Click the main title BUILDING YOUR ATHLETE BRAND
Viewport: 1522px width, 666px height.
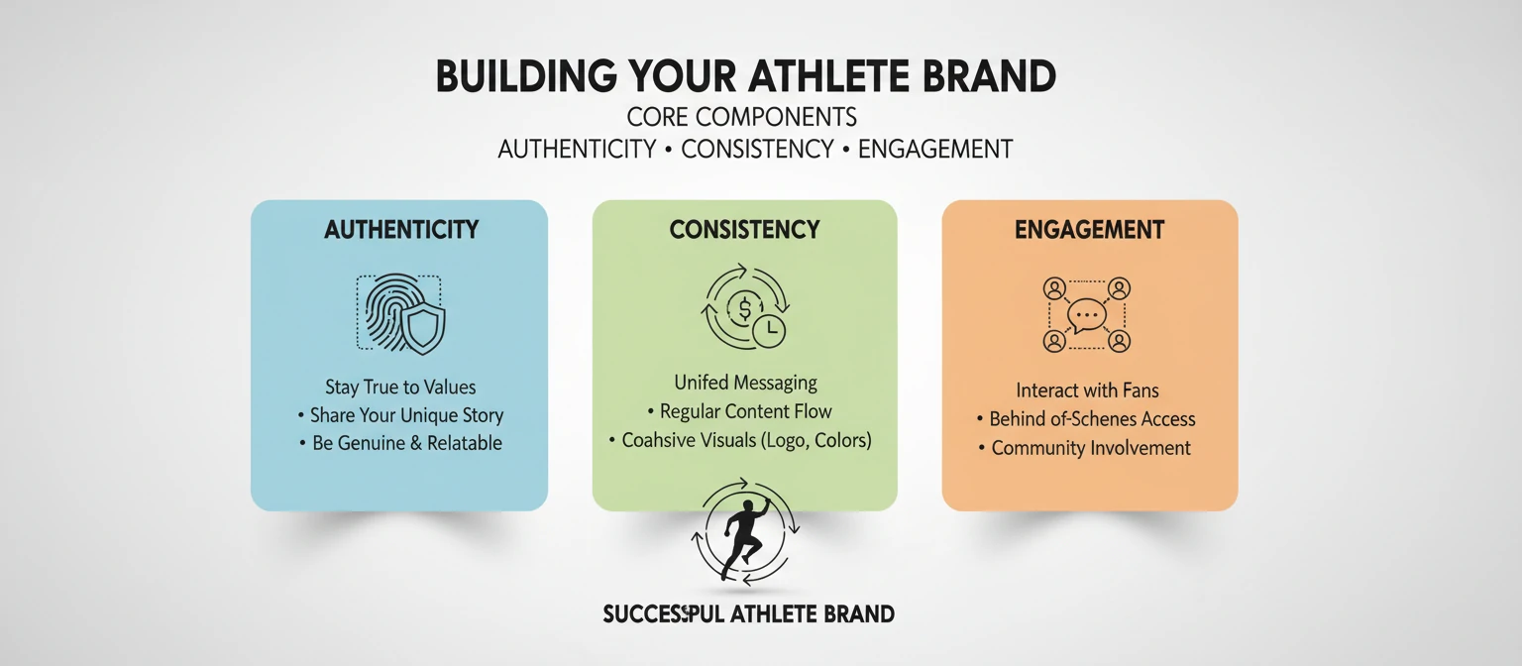(x=745, y=77)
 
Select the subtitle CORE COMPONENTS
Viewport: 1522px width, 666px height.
(x=742, y=117)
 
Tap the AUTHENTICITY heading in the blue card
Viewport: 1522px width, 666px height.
(x=401, y=230)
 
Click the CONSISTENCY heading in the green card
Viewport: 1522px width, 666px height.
(x=744, y=230)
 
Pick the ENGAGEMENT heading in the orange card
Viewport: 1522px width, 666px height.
(x=1089, y=230)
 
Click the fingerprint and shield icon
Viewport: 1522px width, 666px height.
(x=400, y=314)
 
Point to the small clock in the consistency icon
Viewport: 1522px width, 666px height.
(x=768, y=331)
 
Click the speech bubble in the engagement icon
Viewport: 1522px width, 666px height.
(x=1087, y=315)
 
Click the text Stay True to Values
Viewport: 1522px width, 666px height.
(x=400, y=387)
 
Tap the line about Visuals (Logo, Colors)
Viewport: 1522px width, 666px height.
(x=745, y=440)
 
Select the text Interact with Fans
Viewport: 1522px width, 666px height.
(x=1087, y=390)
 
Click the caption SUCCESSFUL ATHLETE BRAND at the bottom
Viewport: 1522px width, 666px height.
(x=748, y=614)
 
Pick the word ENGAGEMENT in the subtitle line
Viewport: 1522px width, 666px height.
(x=934, y=150)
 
